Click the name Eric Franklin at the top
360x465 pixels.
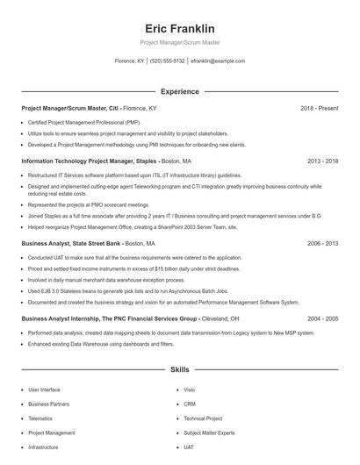tap(180, 28)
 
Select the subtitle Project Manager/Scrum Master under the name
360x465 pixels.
tap(180, 42)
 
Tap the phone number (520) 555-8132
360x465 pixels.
tap(168, 61)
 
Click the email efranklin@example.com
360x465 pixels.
tap(218, 61)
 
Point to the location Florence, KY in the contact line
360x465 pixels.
tap(130, 61)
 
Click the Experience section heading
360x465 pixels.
tap(180, 91)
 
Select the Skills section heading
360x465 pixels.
tap(180, 370)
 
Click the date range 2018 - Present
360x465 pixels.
tap(319, 108)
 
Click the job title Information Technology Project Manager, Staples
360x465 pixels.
tap(90, 161)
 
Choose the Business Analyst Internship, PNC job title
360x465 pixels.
tap(110, 319)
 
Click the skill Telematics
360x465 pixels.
tap(40, 418)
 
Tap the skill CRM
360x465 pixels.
tap(190, 404)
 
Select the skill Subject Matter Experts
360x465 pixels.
tap(209, 433)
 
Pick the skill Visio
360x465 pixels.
tap(190, 390)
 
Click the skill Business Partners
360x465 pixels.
tap(48, 404)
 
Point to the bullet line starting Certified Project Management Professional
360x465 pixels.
tap(83, 122)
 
